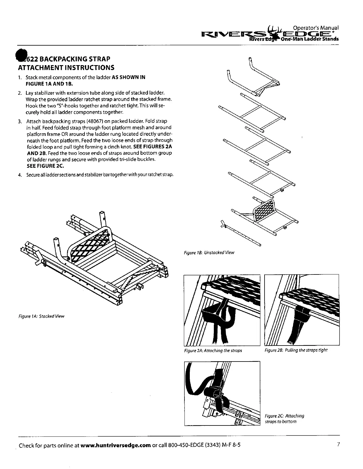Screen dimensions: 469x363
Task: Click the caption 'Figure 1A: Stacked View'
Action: coord(41,316)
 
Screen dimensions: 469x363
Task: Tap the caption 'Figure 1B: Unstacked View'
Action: coord(209,253)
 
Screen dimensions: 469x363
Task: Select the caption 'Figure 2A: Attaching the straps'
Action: coord(213,351)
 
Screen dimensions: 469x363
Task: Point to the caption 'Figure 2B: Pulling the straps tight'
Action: coord(296,350)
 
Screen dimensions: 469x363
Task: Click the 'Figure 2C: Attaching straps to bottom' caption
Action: coord(284,419)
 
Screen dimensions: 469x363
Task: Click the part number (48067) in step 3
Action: coord(95,121)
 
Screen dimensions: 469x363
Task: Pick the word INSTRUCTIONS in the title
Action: coord(90,68)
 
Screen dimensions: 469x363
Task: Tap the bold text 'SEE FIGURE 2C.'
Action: coord(45,166)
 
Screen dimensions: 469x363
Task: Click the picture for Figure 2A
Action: coord(222,310)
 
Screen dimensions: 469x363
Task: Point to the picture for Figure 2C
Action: coord(222,393)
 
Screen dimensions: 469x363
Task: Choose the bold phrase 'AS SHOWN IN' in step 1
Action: coord(128,78)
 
